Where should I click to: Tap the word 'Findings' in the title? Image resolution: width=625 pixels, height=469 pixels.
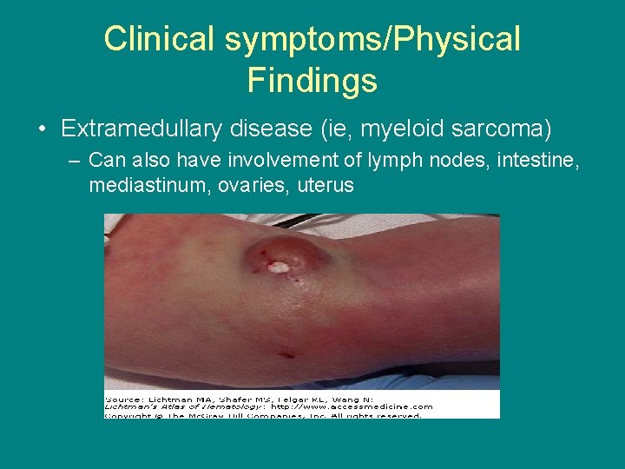tap(312, 80)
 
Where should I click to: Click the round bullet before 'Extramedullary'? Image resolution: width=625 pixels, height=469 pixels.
tap(43, 130)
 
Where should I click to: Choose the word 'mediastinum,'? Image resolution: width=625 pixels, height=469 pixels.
tap(140, 184)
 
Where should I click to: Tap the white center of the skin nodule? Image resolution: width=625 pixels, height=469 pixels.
tap(278, 268)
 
